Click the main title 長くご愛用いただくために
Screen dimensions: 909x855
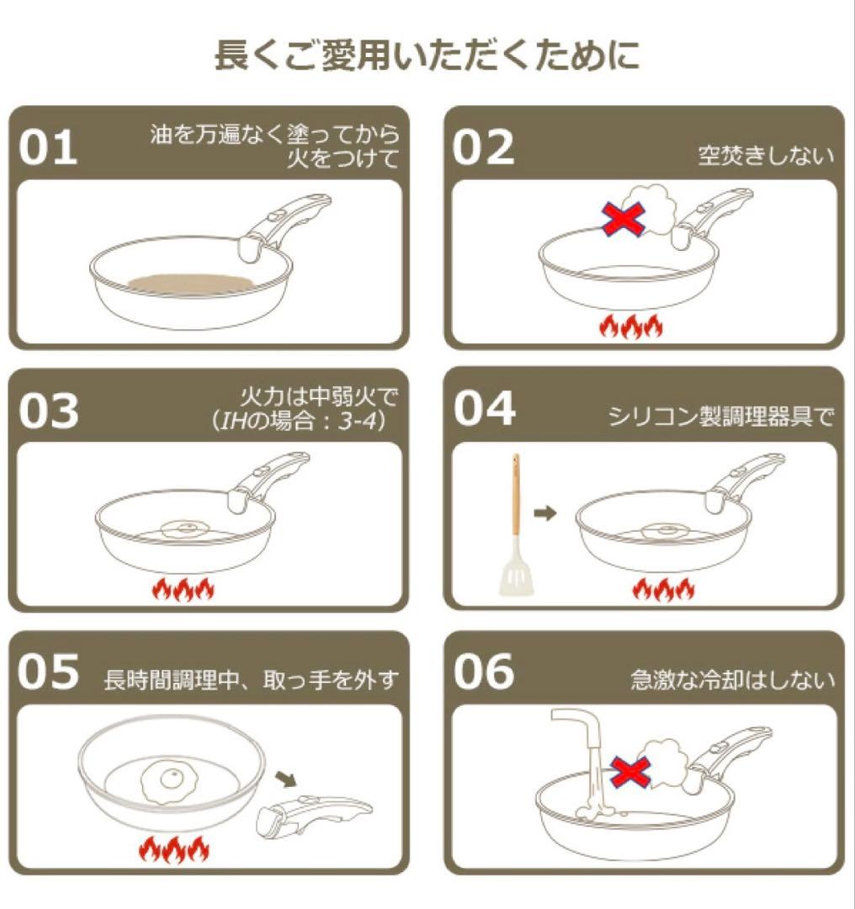(x=427, y=56)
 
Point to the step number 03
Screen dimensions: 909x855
(x=49, y=411)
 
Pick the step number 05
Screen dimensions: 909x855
(x=49, y=674)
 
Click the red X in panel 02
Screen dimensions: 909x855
(x=624, y=218)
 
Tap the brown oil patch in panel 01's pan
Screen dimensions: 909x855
(x=192, y=282)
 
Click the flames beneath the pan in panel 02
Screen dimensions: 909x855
(x=629, y=327)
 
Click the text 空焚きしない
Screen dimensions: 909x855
(x=766, y=155)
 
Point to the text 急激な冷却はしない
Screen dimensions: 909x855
(x=732, y=679)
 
